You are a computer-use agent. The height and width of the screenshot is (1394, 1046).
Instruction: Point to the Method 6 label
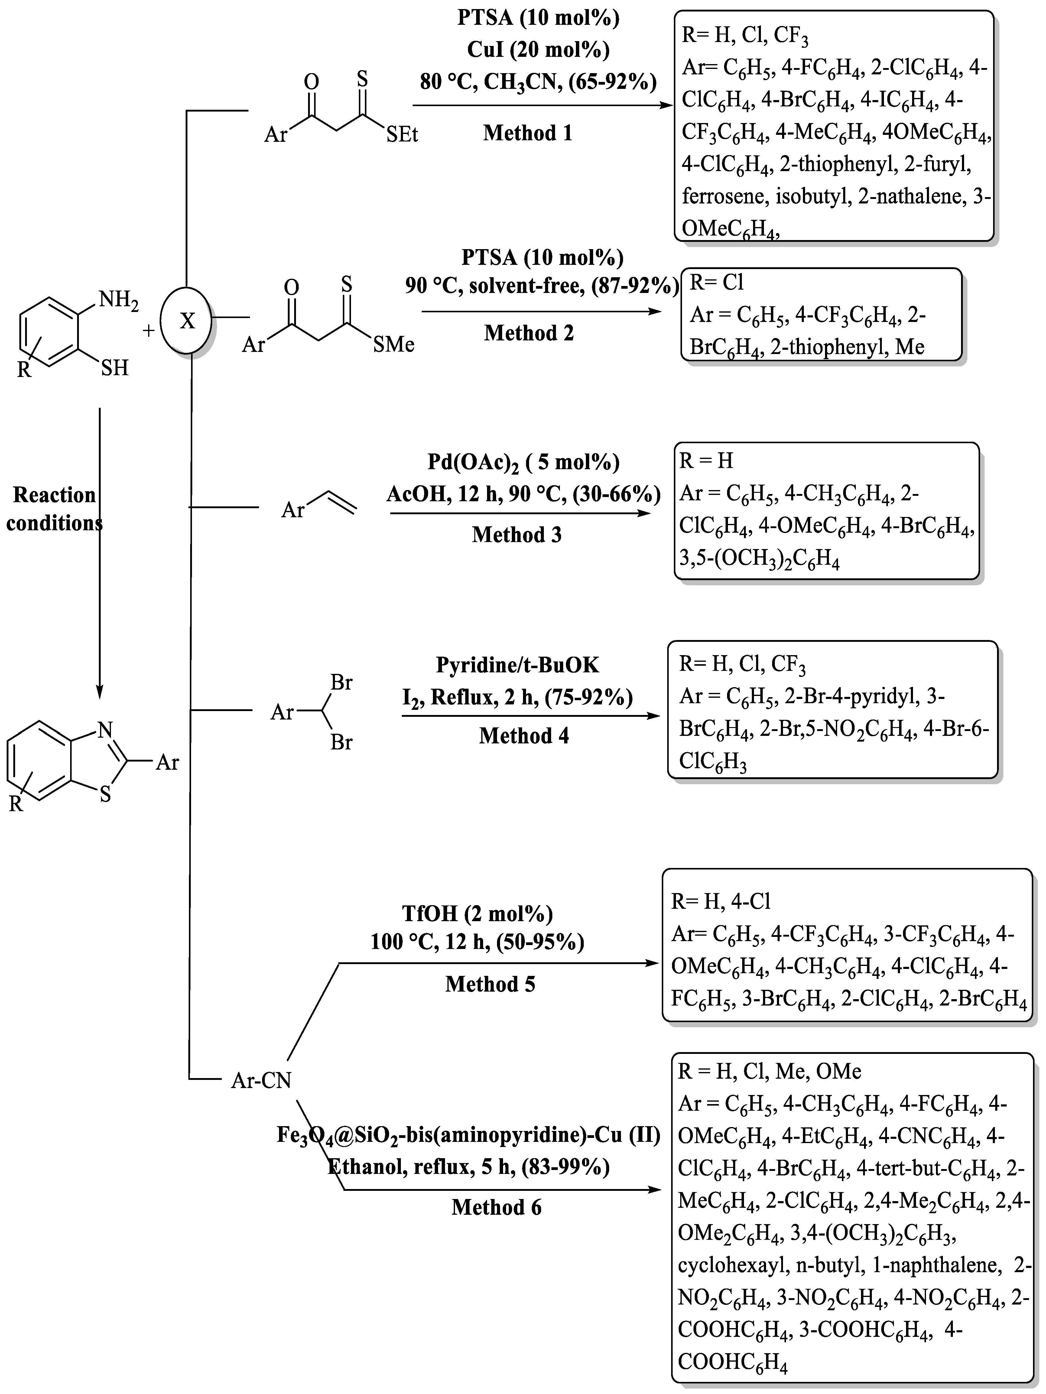[x=496, y=1207]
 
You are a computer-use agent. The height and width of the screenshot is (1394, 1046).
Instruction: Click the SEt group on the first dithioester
[x=402, y=134]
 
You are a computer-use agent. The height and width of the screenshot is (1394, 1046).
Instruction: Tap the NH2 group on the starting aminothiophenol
[x=119, y=299]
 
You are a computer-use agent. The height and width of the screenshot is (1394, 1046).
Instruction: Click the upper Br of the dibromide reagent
[x=341, y=683]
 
